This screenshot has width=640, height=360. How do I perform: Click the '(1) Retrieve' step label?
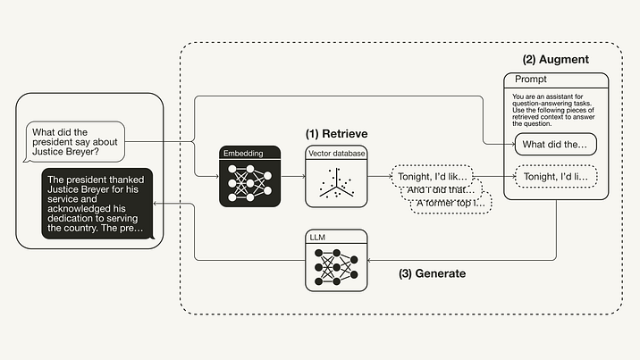point(338,134)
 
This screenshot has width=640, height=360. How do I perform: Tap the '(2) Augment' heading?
point(556,60)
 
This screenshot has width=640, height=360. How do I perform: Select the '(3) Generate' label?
point(432,273)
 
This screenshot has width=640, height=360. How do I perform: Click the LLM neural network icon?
point(335,266)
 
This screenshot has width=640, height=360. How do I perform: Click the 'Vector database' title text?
point(335,154)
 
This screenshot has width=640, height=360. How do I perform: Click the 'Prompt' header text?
point(534,80)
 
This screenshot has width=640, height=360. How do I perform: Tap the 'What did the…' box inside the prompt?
point(555,144)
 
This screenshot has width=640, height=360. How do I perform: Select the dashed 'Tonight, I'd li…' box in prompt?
point(555,177)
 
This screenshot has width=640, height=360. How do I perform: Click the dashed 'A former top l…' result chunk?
point(451,205)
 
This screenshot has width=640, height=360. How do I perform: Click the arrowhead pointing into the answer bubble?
point(157,205)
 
